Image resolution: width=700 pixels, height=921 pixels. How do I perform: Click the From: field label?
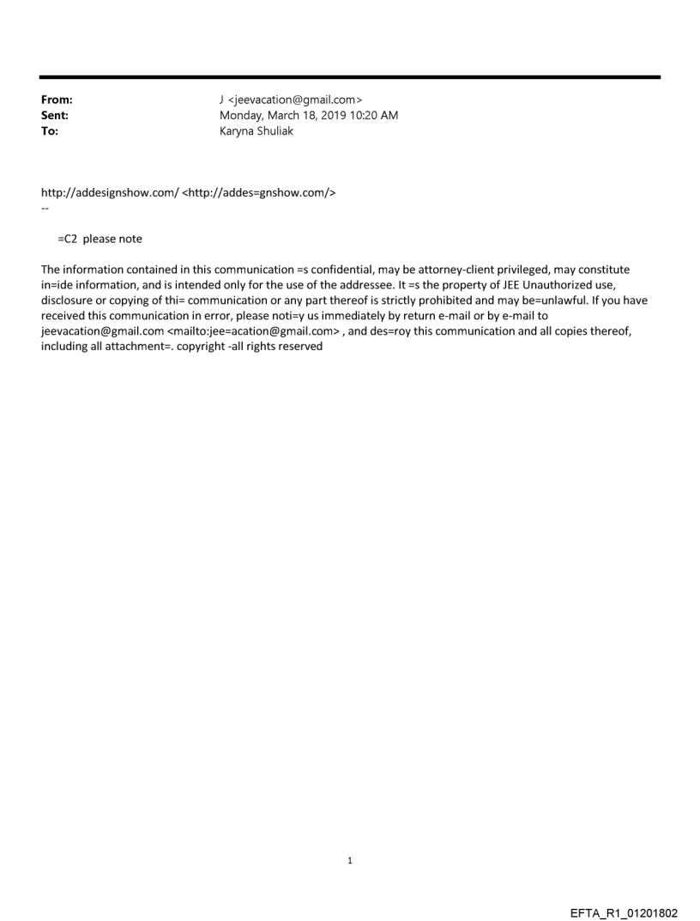pos(57,100)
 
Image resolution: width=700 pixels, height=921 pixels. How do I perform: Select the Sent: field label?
pos(55,115)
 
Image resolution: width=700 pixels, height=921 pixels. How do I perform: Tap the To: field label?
pos(50,131)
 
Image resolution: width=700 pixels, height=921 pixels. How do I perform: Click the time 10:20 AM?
pos(377,115)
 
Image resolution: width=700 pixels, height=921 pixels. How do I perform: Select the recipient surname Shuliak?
pos(274,131)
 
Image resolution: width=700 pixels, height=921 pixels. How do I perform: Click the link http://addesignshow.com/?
pos(110,192)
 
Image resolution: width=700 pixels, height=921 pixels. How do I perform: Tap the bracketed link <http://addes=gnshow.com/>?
pos(259,192)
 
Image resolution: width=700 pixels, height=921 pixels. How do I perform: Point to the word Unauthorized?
pos(564,285)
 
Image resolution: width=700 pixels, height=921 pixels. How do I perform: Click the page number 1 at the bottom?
pos(350,860)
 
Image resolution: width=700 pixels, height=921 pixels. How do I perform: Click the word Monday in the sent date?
pos(242,115)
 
